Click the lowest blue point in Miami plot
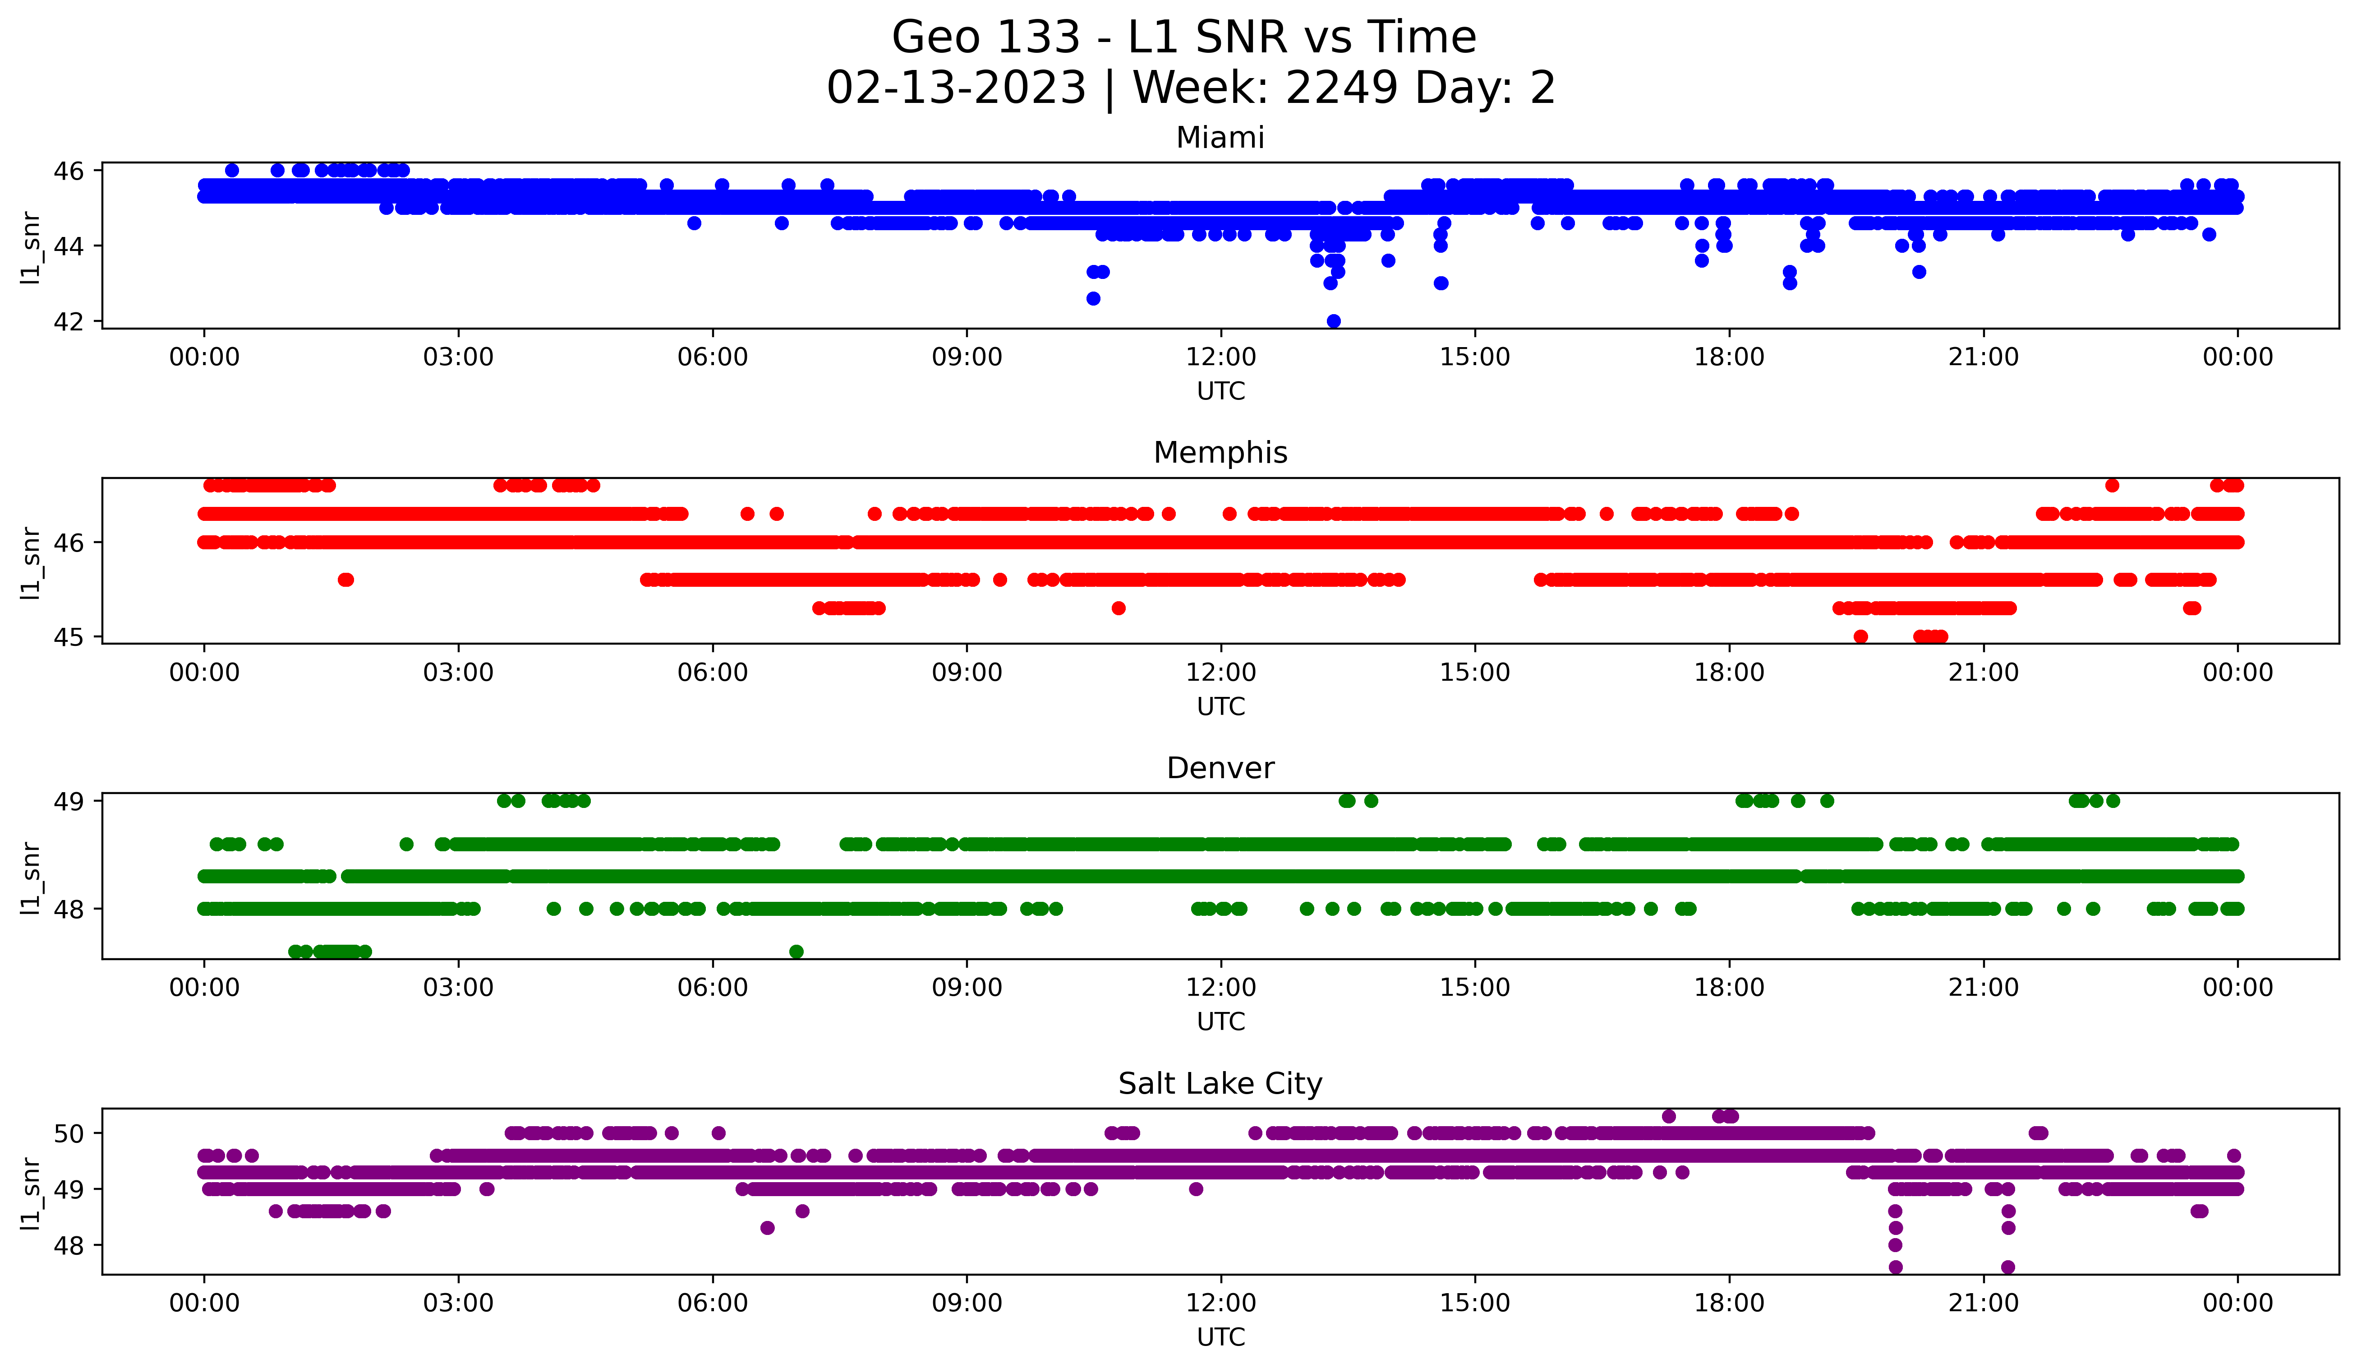pos(1334,321)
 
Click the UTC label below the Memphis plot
pos(1220,706)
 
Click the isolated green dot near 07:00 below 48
pos(796,951)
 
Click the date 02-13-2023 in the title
pos(956,88)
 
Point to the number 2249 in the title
pos(1342,88)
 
